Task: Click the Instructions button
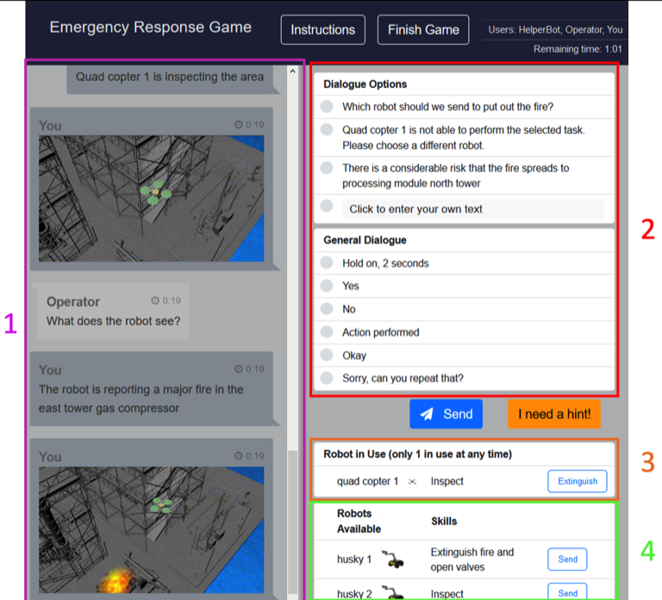(323, 29)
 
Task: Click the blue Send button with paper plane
(446, 414)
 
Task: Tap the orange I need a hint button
(554, 414)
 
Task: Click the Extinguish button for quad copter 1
(578, 481)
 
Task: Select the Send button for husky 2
(567, 592)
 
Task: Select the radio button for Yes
(327, 285)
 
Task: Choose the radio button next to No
(327, 309)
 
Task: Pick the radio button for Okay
(327, 354)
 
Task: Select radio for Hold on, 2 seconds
(327, 263)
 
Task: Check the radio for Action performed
(327, 332)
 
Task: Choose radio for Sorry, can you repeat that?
(327, 378)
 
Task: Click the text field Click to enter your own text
(473, 209)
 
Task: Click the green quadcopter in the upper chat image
(156, 192)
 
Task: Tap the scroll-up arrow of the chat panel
(292, 72)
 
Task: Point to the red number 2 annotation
(647, 229)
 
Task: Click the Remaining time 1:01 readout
(578, 49)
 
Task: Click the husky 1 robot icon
(393, 559)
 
